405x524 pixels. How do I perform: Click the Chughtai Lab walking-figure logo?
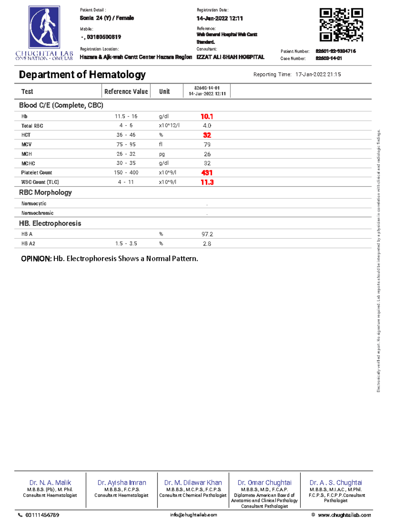[44, 27]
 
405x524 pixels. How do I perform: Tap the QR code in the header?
[341, 25]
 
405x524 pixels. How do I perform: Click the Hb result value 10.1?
[207, 116]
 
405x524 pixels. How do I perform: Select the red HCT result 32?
[207, 135]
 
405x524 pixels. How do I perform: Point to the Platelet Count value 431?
[207, 173]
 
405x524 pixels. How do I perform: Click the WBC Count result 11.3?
[207, 182]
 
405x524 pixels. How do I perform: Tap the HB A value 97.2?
[207, 234]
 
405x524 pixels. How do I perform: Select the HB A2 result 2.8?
[207, 244]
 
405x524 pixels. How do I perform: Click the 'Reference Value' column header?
[126, 91]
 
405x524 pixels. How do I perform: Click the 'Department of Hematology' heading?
[82, 75]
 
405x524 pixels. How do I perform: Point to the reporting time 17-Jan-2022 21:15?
[318, 75]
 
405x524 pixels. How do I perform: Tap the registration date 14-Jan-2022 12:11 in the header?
[220, 19]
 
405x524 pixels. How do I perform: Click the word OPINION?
[36, 259]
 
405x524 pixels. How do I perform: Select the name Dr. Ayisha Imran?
[122, 482]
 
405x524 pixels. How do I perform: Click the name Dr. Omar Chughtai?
[265, 482]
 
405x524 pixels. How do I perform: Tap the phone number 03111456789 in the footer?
[42, 515]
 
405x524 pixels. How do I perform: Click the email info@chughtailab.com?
[194, 515]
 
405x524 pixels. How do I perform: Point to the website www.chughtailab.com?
[344, 515]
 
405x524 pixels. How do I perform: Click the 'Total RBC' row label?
[32, 126]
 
